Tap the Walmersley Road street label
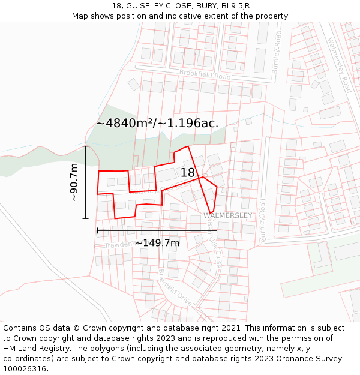[x=340, y=65]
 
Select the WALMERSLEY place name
[x=227, y=215]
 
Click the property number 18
[x=188, y=173]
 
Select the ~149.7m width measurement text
[x=157, y=243]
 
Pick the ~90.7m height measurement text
[x=74, y=182]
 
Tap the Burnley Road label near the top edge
[x=277, y=52]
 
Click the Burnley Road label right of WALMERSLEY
[x=263, y=220]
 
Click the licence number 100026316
[x=26, y=368]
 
